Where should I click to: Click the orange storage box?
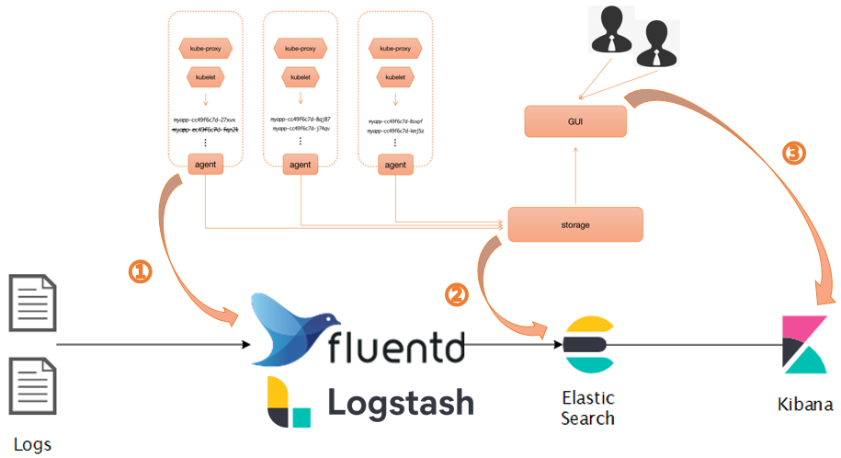(574, 224)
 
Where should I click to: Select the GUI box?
(574, 120)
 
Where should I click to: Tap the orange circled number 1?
(140, 271)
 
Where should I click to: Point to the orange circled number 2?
(456, 294)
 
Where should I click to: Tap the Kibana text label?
(804, 405)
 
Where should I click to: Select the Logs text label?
(32, 445)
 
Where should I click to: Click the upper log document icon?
(32, 301)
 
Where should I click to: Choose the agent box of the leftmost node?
(205, 165)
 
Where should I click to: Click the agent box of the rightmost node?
(394, 165)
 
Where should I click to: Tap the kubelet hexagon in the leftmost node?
(205, 77)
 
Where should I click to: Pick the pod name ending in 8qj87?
(300, 119)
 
